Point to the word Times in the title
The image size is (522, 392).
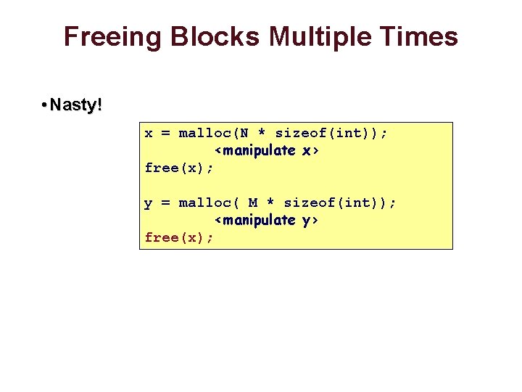click(420, 36)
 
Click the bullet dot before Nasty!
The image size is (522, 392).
click(44, 106)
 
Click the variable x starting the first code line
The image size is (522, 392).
click(149, 134)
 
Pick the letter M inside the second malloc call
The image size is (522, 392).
click(253, 203)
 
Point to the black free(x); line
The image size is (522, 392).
click(179, 168)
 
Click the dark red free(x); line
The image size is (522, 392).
click(179, 238)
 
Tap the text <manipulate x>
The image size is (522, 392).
click(268, 151)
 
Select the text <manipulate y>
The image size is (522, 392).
click(268, 220)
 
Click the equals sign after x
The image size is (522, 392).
click(165, 134)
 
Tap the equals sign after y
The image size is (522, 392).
click(165, 203)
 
